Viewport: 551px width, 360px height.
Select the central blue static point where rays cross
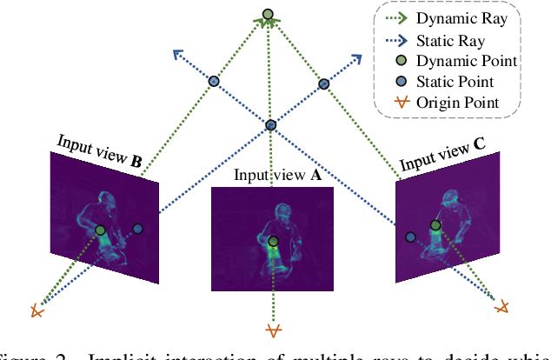point(271,125)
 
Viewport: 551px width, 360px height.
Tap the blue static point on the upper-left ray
point(214,81)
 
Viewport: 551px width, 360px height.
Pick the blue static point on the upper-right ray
point(324,83)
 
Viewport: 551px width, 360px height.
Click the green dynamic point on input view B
point(101,230)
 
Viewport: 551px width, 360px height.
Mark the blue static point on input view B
point(137,228)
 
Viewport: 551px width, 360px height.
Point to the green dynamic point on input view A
point(274,241)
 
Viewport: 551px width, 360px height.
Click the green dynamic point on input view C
point(435,225)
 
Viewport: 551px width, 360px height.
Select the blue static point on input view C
point(410,236)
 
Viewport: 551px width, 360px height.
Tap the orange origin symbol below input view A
point(274,330)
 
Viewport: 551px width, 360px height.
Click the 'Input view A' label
point(277,175)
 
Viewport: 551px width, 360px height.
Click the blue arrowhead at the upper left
point(178,55)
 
